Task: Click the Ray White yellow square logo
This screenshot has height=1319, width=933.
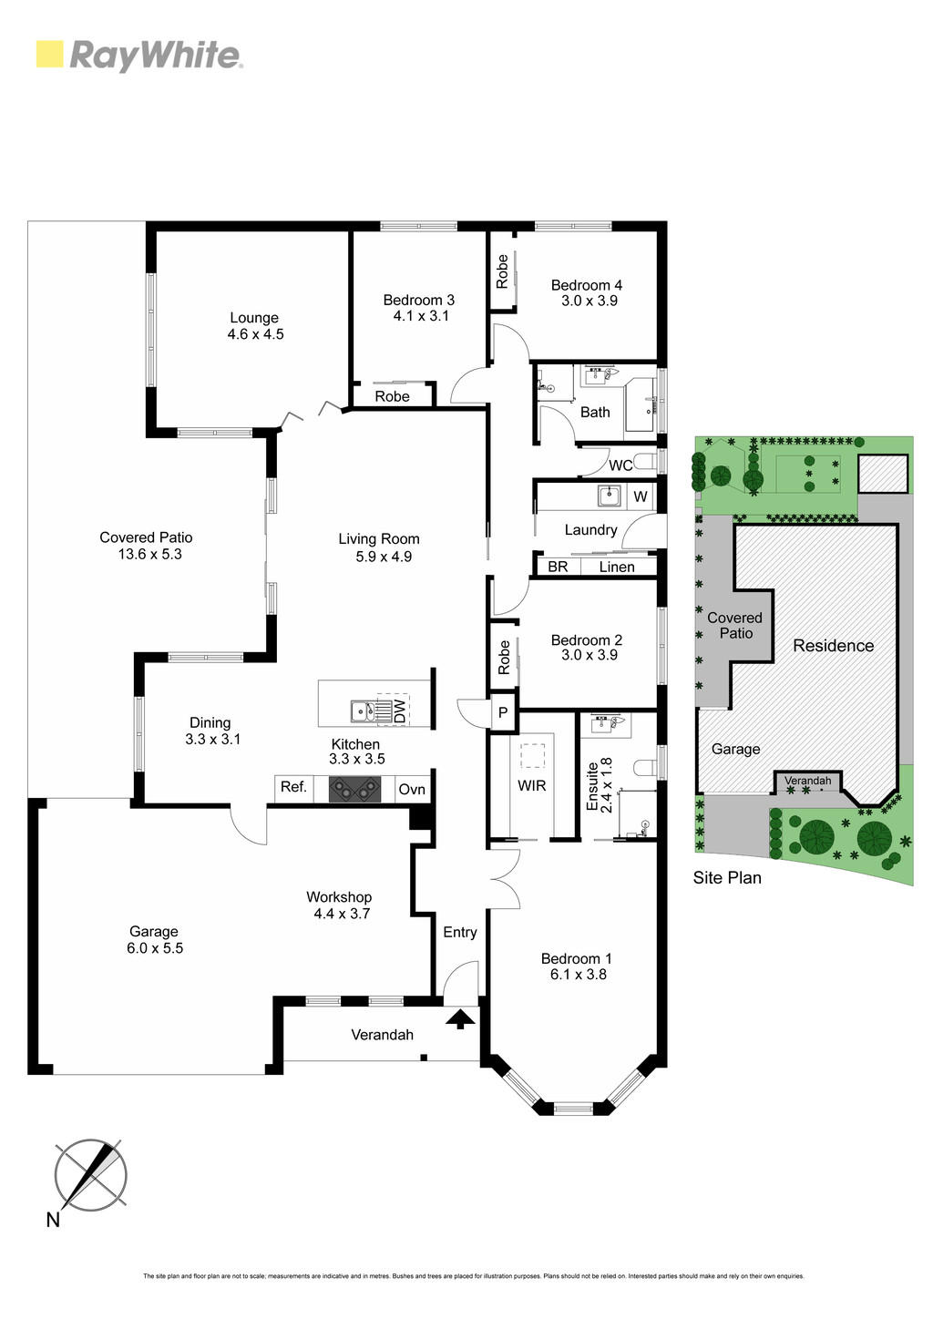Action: pyautogui.click(x=49, y=54)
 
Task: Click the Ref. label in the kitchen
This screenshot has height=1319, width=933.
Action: pyautogui.click(x=293, y=787)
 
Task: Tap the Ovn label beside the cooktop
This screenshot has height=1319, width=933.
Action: pyautogui.click(x=412, y=789)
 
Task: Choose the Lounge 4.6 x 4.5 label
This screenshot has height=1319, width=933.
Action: pyautogui.click(x=255, y=325)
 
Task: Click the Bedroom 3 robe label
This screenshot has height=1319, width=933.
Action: pyautogui.click(x=392, y=396)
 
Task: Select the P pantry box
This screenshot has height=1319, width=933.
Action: pyautogui.click(x=503, y=712)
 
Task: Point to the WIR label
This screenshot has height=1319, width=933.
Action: pyautogui.click(x=532, y=785)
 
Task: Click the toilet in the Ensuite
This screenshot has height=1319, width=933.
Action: pyautogui.click(x=644, y=768)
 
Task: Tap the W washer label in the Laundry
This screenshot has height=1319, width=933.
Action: pyautogui.click(x=641, y=496)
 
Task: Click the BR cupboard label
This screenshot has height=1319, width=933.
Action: pyautogui.click(x=558, y=567)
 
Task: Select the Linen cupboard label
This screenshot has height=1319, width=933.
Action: pyautogui.click(x=617, y=567)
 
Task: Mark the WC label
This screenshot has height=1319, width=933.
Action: pyautogui.click(x=620, y=465)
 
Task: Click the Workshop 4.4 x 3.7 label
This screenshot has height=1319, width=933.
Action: pyautogui.click(x=340, y=905)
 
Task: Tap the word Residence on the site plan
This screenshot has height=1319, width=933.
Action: pyautogui.click(x=833, y=645)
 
